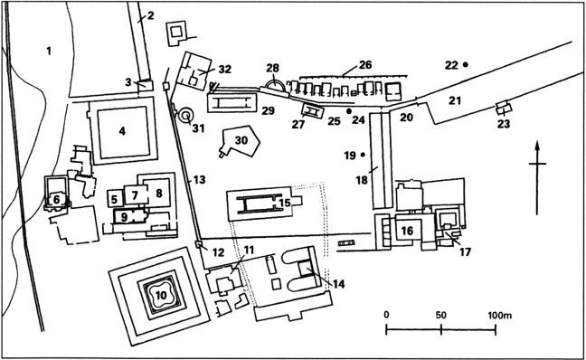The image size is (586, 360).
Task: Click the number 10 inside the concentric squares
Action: click(x=161, y=296)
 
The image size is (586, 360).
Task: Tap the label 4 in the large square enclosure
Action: click(x=122, y=131)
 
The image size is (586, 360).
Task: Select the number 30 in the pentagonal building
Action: click(x=241, y=140)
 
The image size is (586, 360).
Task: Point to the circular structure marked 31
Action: click(x=185, y=116)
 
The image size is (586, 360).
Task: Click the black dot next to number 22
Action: click(x=466, y=64)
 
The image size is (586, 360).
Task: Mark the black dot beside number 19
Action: click(x=362, y=155)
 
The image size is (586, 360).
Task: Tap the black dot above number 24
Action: click(x=349, y=111)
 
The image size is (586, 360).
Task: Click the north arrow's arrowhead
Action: click(x=537, y=147)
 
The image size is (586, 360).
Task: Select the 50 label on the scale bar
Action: click(x=441, y=315)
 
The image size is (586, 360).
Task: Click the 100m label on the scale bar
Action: click(x=500, y=315)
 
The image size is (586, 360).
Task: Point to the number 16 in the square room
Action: click(x=407, y=231)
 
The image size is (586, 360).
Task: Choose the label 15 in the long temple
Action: click(x=285, y=203)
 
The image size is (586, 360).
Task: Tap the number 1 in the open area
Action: click(x=49, y=51)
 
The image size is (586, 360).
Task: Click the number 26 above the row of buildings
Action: click(x=365, y=64)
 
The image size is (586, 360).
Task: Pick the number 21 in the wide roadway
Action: click(x=455, y=100)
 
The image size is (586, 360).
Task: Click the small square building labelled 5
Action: click(x=114, y=198)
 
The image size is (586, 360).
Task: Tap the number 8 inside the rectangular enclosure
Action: click(x=159, y=194)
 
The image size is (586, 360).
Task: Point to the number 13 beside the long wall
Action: click(x=200, y=180)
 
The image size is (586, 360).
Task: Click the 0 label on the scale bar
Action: click(x=386, y=315)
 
